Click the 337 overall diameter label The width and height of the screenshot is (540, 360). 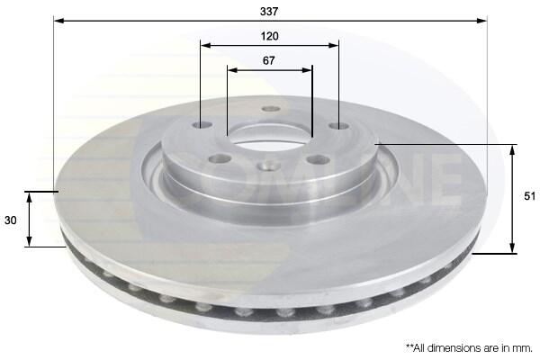269,12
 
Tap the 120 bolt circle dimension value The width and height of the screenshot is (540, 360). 269,36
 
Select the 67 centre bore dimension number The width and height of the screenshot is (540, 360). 268,60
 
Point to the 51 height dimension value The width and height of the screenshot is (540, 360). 530,196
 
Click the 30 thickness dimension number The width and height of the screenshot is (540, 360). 10,220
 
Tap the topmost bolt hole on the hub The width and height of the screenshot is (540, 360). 271,109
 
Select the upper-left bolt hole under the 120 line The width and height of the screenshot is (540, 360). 202,124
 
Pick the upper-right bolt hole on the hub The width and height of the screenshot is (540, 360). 339,126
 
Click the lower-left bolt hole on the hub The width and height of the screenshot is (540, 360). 220,158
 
